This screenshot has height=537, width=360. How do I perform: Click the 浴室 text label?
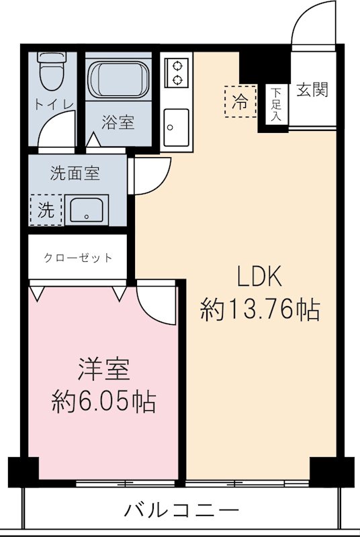pyautogui.click(x=118, y=123)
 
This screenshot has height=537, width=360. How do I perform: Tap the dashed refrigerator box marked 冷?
pyautogui.click(x=240, y=102)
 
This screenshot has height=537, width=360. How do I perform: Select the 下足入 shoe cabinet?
pyautogui.click(x=276, y=105)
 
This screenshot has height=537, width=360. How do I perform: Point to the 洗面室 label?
pyautogui.click(x=75, y=173)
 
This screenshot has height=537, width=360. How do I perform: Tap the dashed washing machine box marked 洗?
pyautogui.click(x=45, y=209)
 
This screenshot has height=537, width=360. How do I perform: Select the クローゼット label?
pyautogui.click(x=78, y=258)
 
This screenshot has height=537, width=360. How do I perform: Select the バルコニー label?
pyautogui.click(x=181, y=509)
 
